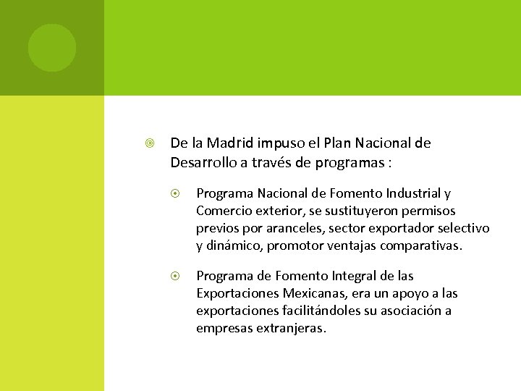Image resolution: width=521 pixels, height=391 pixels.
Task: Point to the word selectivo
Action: (464, 228)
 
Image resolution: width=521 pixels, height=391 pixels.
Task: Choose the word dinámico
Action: (233, 245)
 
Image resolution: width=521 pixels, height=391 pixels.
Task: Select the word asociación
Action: (413, 311)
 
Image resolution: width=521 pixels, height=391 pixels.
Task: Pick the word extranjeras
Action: (289, 328)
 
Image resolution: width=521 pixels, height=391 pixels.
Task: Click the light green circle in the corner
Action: (51, 48)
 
